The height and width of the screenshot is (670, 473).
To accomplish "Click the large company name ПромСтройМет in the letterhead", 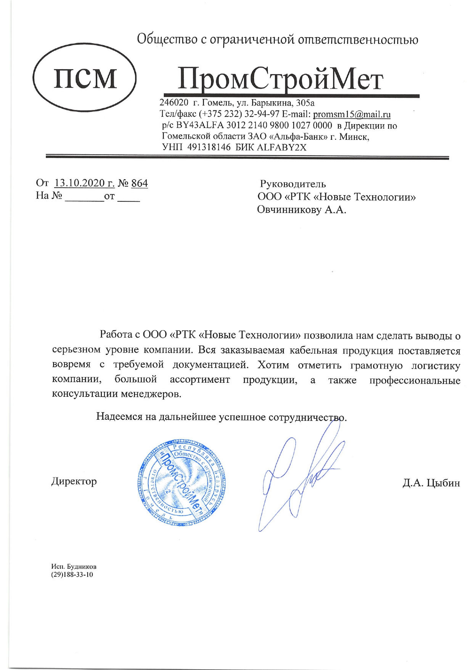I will point(280,79).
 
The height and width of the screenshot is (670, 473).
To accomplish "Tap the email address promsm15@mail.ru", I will point(352,114).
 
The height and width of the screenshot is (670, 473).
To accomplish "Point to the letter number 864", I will point(139,183).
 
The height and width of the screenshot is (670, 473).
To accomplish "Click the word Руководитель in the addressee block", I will point(293,184).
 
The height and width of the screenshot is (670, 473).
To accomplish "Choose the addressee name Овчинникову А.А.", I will point(301,210).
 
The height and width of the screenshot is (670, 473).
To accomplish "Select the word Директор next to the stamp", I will point(74,481).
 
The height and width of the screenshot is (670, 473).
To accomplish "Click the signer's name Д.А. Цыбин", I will point(431,483).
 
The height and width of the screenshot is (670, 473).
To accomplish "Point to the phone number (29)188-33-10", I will point(72,575).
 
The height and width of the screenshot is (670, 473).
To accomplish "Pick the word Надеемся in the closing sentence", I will point(119,416).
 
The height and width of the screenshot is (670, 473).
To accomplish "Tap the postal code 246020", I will point(174,103).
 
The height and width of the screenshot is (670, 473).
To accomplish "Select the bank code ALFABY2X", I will point(282,147).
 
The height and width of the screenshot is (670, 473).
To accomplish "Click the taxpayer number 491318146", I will point(209,147).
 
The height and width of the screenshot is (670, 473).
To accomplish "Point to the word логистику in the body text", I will point(436,366).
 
